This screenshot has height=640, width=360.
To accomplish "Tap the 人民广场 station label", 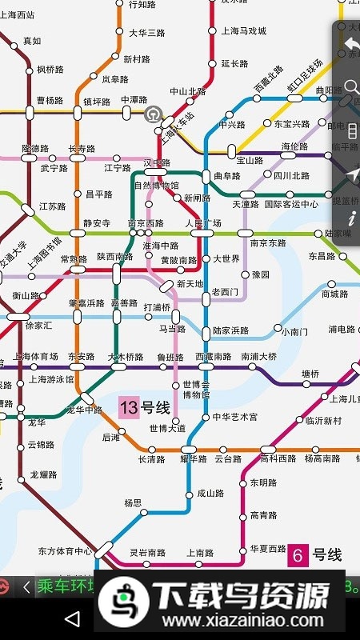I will pos(203,223).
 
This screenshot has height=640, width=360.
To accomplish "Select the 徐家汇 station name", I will pos(38,326).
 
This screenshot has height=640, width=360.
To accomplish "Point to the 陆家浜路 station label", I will pos(230,330).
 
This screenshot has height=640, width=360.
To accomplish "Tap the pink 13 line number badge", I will pos(129,408).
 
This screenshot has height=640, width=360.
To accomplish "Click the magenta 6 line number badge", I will pos(298,555).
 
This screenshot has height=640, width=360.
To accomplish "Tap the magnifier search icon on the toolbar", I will pos(351,87).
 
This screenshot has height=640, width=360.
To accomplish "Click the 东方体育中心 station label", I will pos(65,550).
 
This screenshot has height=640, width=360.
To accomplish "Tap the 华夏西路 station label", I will pos(268,549).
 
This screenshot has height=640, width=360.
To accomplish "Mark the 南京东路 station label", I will pos(268,242).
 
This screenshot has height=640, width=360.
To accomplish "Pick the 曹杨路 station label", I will pos(50,101).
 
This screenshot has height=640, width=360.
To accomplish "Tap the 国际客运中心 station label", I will pos(291,204).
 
